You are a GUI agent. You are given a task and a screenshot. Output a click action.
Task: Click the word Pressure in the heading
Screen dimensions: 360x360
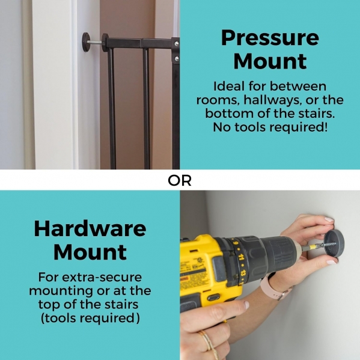tap(270, 38)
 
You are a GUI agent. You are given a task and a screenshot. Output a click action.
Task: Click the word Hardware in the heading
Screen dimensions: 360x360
tap(90, 228)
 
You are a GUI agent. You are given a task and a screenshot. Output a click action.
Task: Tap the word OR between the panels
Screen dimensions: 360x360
tap(180, 181)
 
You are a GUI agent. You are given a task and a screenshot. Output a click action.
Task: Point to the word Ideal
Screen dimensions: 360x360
tap(228, 87)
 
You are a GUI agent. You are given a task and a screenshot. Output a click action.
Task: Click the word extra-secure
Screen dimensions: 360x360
tap(102, 277)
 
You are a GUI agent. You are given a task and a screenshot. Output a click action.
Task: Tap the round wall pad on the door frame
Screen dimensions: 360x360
tap(86, 42)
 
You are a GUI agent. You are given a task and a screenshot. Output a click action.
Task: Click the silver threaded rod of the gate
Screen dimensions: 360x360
tap(96, 42)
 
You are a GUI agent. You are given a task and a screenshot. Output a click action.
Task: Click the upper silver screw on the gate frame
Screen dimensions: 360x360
tap(176, 43)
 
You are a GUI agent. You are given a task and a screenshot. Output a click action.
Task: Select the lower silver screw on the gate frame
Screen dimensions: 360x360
tap(176, 59)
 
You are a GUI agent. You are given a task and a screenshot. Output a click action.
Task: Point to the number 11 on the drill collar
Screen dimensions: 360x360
tap(240, 257)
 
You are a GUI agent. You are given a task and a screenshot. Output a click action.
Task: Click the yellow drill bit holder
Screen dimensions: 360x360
tap(313, 247)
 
